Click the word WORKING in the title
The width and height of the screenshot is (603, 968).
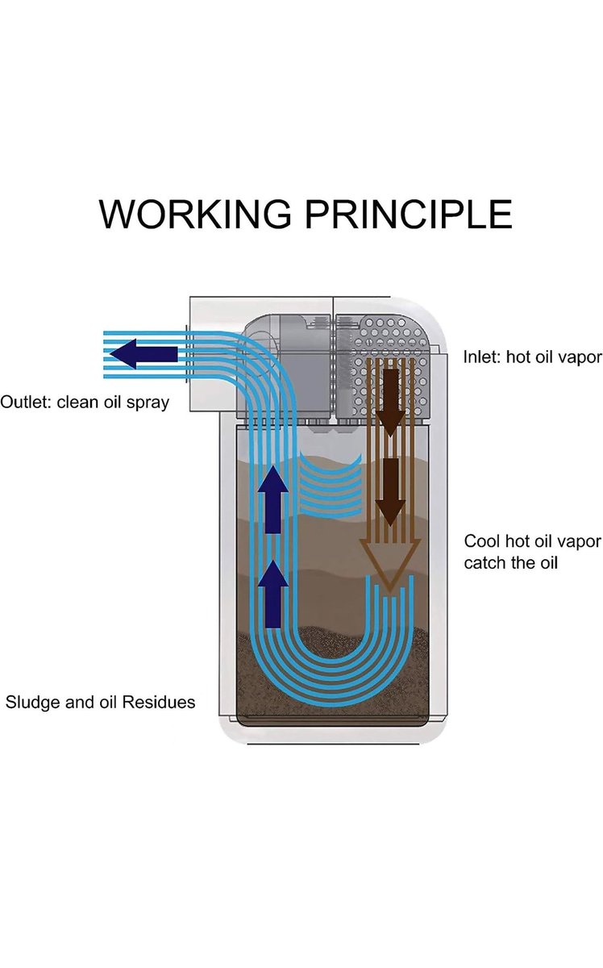point(195,214)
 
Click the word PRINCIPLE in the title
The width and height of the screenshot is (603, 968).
point(409,214)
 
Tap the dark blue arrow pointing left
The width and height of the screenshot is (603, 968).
point(143,353)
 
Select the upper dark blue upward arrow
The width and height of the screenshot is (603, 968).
point(273,499)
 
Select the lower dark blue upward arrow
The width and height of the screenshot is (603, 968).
point(273,593)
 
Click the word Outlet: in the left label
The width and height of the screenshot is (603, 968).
point(25,402)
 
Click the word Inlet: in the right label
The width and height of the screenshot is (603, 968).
point(482,357)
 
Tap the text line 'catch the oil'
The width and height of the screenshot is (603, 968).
point(511,563)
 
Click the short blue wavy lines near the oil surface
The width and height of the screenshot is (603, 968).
point(331,486)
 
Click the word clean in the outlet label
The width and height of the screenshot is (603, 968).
point(77,402)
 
